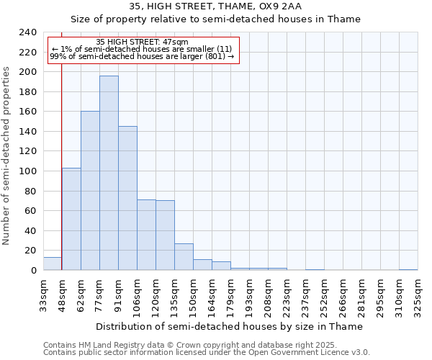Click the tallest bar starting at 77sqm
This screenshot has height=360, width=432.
(109, 173)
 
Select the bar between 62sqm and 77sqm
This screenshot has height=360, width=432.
(90, 191)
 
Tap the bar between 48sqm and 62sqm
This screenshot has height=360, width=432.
(71, 219)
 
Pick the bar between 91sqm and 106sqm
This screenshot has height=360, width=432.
(127, 198)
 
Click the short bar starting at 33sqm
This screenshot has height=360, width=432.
(53, 264)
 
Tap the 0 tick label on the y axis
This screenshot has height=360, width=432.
(33, 270)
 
